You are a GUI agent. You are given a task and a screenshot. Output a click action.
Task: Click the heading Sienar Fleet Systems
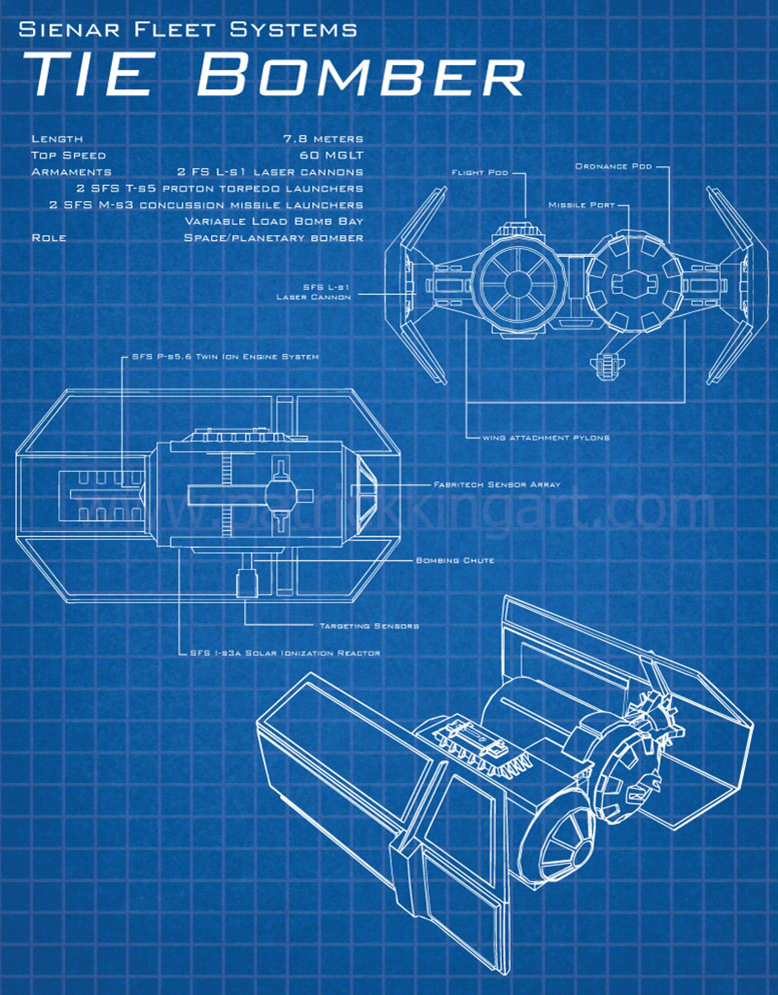[188, 29]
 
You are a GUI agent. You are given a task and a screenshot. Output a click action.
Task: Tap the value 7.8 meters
[323, 139]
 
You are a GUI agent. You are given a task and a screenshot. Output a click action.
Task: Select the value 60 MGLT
[331, 155]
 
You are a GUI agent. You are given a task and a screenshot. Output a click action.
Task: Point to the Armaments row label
[72, 172]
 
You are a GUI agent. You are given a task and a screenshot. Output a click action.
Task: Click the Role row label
[49, 238]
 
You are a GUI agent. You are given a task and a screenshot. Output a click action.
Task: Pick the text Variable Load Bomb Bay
[274, 221]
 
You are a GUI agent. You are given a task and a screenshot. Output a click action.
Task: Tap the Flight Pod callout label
[480, 172]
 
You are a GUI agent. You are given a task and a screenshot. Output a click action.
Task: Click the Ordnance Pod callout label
[613, 166]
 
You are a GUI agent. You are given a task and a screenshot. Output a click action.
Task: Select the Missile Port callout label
[582, 205]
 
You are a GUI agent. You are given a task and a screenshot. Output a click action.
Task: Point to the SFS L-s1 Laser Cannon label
[314, 292]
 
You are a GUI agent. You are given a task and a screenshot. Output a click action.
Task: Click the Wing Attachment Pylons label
[546, 437]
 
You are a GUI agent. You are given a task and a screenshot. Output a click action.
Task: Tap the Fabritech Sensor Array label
[497, 485]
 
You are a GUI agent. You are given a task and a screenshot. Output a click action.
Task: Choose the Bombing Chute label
[455, 560]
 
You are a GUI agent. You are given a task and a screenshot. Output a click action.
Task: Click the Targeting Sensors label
[369, 626]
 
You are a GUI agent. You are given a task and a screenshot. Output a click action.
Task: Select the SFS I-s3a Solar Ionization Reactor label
[285, 653]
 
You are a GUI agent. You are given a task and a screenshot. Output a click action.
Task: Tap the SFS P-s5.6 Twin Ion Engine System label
[225, 357]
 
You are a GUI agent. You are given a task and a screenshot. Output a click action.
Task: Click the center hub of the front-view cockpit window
[517, 284]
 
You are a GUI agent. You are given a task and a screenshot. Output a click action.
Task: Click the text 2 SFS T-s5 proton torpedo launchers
[219, 189]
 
